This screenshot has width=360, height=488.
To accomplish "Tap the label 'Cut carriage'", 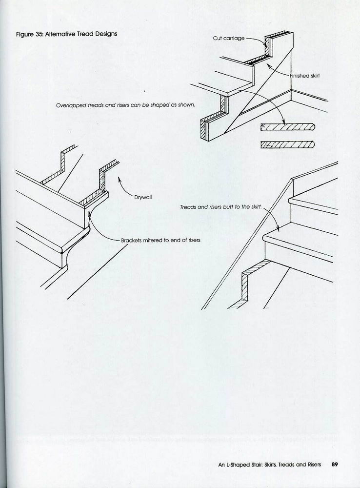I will [x=228, y=38].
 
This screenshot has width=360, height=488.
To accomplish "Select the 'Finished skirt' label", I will [x=304, y=76].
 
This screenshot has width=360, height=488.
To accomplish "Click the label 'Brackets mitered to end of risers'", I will [x=161, y=240].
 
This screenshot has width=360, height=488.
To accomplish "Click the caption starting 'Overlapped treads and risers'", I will [x=125, y=105].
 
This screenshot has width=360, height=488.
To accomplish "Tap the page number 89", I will [x=335, y=465].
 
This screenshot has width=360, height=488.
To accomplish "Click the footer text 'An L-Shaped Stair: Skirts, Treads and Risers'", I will [x=270, y=465].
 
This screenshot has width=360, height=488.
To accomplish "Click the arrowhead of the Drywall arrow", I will [x=119, y=179].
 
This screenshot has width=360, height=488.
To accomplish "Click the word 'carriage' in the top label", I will [x=235, y=38].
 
